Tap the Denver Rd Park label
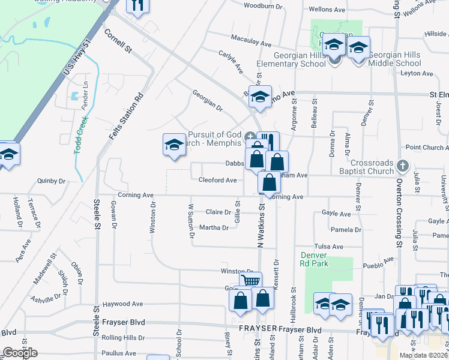click(x=315, y=259)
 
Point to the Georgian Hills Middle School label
click(x=394, y=59)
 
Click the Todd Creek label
click(x=81, y=135)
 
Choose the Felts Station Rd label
click(x=126, y=117)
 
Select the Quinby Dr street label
click(x=51, y=180)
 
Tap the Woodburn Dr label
click(x=263, y=6)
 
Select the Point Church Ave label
click(x=427, y=148)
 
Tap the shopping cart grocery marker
click(x=250, y=280)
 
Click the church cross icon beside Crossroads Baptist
click(x=403, y=165)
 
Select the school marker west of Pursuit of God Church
click(x=174, y=145)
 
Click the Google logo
click(x=20, y=353)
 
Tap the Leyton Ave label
click(x=417, y=74)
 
